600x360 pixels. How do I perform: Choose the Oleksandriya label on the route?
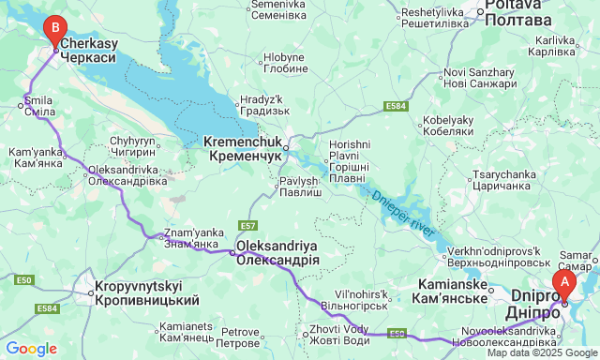[x=277, y=252]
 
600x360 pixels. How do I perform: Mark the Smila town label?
[x=38, y=105]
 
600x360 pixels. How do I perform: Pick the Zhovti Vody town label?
[x=336, y=335]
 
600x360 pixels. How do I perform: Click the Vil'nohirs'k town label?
[x=352, y=299]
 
